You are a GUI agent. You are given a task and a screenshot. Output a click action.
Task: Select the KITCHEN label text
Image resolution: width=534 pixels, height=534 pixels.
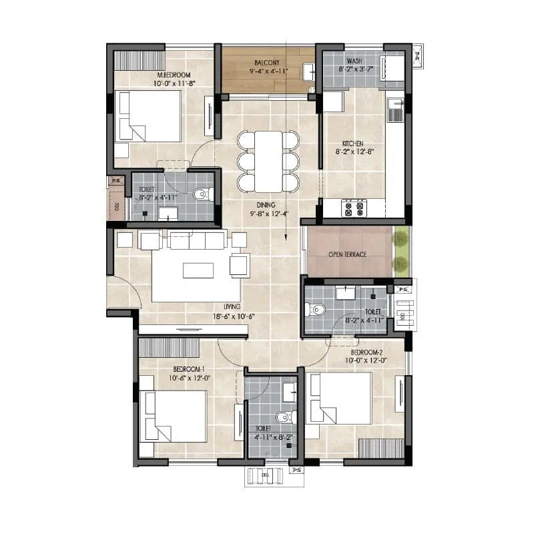point(353,144)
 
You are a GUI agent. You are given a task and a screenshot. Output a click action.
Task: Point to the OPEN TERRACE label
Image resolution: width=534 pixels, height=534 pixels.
point(346,254)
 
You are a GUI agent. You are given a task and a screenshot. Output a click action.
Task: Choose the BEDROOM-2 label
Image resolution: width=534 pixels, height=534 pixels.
point(366,351)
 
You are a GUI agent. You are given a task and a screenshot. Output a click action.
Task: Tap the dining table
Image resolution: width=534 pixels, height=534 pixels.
point(268,161)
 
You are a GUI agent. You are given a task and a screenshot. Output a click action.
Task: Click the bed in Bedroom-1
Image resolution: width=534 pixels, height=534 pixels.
point(174,416)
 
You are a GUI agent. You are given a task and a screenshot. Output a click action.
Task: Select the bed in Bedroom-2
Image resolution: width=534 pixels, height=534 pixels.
point(340,398)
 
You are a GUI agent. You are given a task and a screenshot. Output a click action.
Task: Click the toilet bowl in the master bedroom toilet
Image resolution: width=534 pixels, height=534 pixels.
point(201,195)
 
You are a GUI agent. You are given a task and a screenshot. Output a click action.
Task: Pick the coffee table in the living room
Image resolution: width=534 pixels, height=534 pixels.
point(198,270)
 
